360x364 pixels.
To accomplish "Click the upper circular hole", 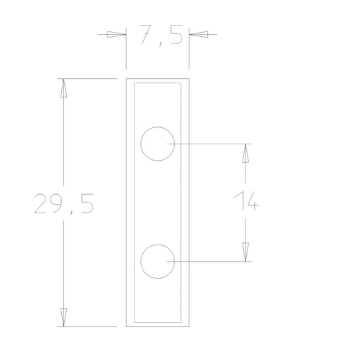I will (157, 144).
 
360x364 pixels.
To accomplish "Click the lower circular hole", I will (157, 261).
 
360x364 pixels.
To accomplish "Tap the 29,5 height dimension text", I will (64, 204).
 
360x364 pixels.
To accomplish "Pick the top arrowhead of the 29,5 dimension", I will (64, 87).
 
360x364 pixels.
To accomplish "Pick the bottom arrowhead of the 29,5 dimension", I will (64, 317).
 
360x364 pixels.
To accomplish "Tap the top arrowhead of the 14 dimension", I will (245, 153).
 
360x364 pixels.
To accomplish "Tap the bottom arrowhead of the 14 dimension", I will (245, 252).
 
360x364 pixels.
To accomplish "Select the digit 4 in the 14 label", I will (250, 202).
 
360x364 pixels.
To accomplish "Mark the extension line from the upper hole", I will (213, 144).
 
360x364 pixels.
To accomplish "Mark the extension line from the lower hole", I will (213, 261).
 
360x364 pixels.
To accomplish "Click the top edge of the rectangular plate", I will (157, 78).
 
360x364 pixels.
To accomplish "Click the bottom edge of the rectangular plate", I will (157, 326).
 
